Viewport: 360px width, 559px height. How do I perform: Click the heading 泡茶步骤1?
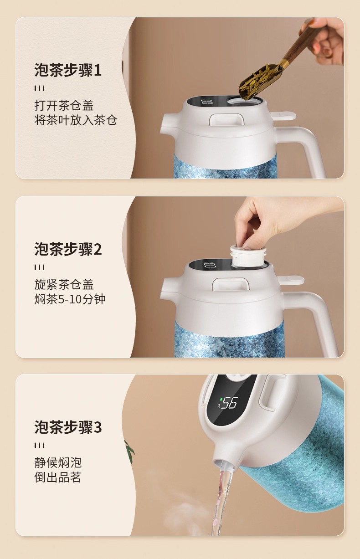68,70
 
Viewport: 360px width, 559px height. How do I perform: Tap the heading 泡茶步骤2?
68,249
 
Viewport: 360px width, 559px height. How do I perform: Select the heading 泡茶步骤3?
68,427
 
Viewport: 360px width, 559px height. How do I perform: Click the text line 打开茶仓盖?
64,105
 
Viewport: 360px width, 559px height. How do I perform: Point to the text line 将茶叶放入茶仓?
76,120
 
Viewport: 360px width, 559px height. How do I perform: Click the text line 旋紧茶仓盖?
64,284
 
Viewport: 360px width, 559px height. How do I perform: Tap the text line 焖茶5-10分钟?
70,299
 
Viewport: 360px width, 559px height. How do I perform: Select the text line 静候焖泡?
58,462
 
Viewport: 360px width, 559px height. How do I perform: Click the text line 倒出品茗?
58,477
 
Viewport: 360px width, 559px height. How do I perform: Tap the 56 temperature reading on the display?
229,403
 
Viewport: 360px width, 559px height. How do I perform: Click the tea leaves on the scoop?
257,80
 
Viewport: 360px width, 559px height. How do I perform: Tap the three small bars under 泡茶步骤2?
40,267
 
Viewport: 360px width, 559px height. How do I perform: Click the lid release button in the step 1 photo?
226,119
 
